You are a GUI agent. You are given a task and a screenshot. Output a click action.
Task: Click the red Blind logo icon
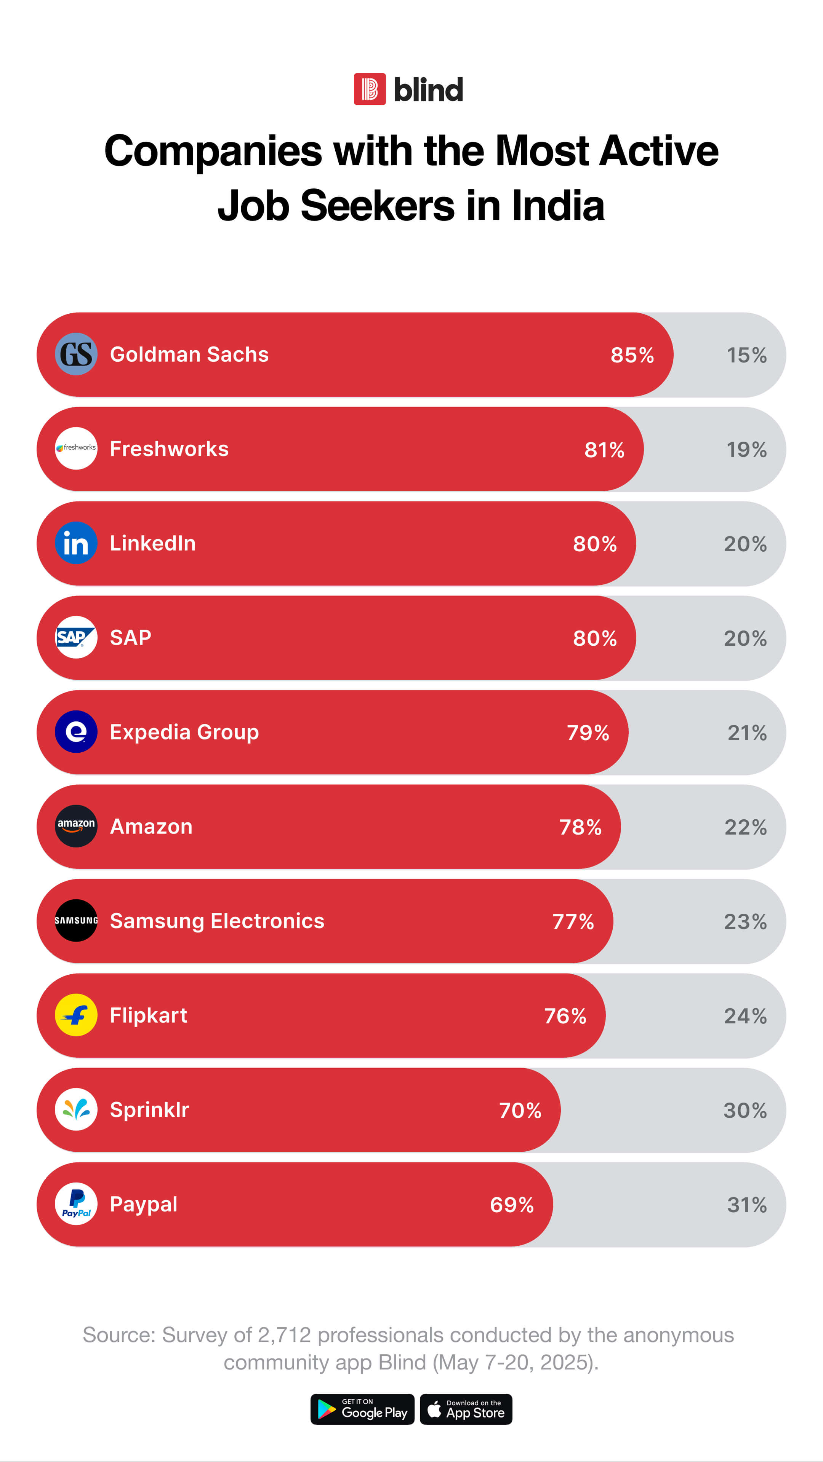(x=370, y=89)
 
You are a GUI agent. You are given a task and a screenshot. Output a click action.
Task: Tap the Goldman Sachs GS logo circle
(x=76, y=354)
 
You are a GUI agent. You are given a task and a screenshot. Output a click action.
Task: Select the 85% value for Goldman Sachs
(x=632, y=355)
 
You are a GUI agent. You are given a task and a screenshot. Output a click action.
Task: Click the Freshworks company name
(x=169, y=449)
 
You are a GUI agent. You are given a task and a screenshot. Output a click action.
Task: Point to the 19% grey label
(x=746, y=450)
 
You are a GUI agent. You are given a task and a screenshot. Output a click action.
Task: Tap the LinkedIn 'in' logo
(x=76, y=543)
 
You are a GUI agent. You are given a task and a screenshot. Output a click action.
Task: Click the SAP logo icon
(x=76, y=637)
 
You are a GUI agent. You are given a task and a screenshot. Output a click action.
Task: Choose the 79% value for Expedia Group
(x=588, y=733)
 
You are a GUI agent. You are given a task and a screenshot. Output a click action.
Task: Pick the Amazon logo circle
(x=76, y=826)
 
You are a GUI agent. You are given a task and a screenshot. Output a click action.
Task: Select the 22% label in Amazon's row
(x=746, y=827)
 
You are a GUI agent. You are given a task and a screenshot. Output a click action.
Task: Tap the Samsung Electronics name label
(x=217, y=921)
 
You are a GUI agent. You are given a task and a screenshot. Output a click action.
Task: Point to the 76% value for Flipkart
(x=565, y=1016)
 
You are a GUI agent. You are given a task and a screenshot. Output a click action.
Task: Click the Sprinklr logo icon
(x=76, y=1109)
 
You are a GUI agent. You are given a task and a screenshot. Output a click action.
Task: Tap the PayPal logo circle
(x=76, y=1204)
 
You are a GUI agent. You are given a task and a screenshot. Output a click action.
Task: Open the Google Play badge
(x=362, y=1409)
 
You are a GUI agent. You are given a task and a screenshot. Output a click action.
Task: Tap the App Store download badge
(x=466, y=1409)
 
